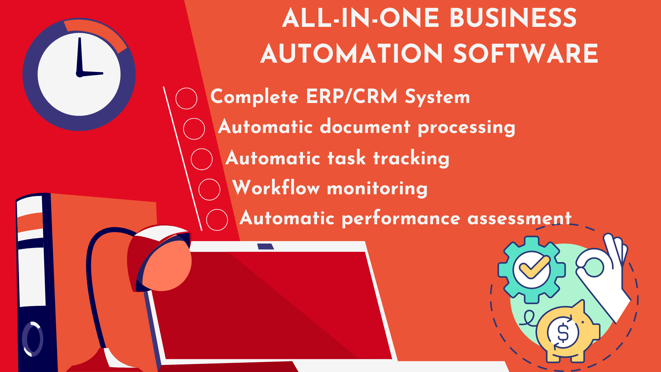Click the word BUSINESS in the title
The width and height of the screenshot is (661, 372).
pos(513,18)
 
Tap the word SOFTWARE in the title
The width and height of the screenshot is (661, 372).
pos(526,54)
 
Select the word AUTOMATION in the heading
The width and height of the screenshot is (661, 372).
pos(352,54)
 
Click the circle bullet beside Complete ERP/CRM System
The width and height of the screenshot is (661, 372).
pos(186,99)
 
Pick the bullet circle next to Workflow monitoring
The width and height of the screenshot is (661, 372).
pos(209,189)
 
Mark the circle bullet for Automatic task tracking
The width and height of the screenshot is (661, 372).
pos(202,159)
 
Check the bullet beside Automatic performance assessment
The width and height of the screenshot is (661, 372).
pos(217,220)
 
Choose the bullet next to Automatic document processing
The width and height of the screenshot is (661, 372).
pos(194,129)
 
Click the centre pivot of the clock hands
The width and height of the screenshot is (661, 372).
pos(80,74)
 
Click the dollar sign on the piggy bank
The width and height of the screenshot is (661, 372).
pos(563,333)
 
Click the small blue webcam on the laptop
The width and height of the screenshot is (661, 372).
pos(266,246)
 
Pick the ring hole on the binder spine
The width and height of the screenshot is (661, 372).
pos(33,339)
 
